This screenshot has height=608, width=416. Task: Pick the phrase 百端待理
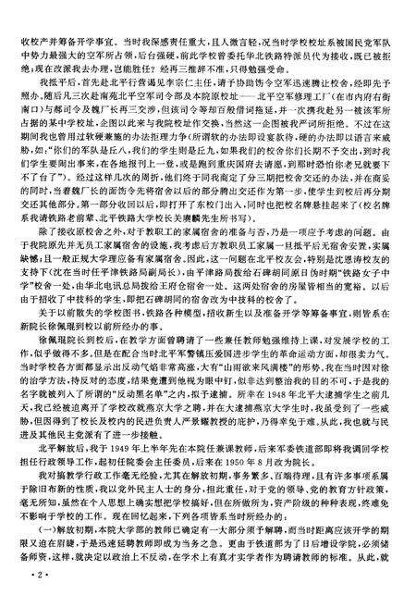coord(223,505)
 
